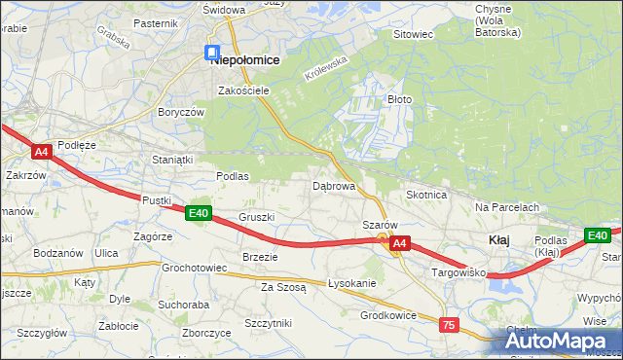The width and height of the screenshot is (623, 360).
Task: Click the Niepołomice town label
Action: [245, 59]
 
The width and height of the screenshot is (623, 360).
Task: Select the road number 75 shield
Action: [449, 325]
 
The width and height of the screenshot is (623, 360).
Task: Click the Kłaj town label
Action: [497, 239]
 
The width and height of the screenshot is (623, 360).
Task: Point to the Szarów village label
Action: [378, 225]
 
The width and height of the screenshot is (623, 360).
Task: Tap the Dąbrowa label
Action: [333, 185]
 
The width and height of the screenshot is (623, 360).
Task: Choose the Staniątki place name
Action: [173, 159]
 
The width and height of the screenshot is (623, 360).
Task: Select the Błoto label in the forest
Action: [400, 99]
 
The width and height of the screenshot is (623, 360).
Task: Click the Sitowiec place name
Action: [412, 34]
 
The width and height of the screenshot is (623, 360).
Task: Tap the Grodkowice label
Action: [388, 314]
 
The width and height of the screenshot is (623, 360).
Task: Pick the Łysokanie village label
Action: [352, 283]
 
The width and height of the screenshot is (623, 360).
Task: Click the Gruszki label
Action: [257, 217]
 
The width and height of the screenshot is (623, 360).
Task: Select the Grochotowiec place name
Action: [195, 267]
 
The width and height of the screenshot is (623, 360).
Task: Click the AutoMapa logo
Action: [561, 341]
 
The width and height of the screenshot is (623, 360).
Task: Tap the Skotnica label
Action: [425, 195]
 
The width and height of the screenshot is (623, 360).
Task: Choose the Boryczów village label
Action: [180, 112]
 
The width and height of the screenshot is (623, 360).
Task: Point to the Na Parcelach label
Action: [506, 207]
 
